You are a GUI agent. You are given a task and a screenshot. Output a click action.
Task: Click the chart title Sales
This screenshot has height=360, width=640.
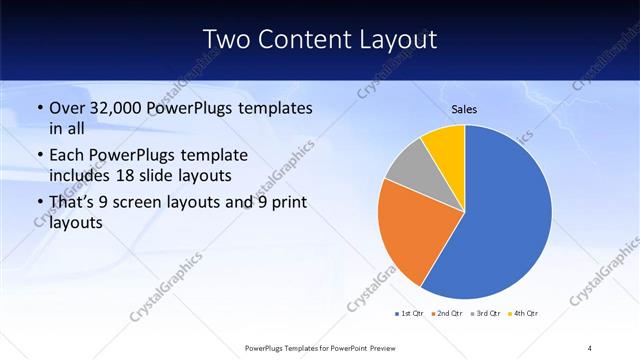[x=465, y=109]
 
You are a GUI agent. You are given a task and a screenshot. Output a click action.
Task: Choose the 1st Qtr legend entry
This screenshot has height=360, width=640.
[x=409, y=314]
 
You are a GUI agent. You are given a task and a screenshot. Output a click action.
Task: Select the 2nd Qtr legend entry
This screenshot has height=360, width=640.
[x=446, y=314]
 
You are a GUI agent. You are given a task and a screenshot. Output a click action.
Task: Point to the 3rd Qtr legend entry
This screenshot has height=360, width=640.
[x=485, y=314]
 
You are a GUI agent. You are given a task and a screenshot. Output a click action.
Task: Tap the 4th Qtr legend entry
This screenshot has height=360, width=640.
[x=523, y=314]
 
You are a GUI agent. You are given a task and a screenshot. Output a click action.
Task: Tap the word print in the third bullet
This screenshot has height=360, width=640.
[x=287, y=204]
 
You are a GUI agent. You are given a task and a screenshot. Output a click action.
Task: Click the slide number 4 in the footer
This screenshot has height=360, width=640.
[x=590, y=347]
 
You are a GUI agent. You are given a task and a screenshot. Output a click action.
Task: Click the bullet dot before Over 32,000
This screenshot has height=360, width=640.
[x=39, y=108]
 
